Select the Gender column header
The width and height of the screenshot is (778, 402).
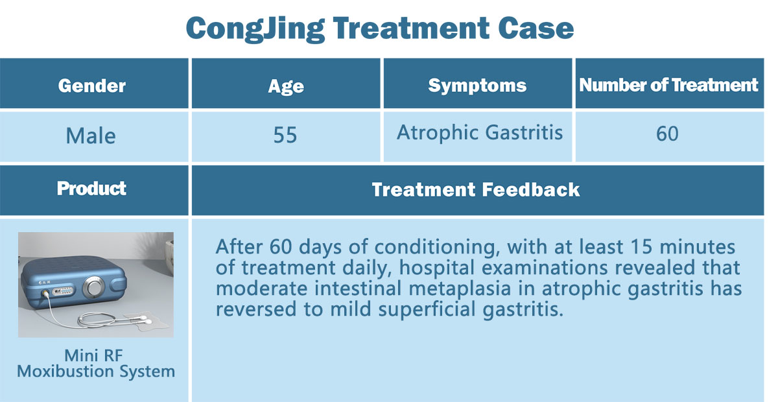pos(92,86)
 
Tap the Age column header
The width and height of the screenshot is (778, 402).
pos(286,86)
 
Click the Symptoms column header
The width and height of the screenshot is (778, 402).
pos(477,86)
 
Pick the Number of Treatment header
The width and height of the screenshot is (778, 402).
pos(668,85)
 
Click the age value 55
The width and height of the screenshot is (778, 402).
pos(285,135)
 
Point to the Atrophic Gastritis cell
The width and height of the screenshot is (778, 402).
pos(480,133)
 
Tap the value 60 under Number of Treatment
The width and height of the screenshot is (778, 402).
pos(667,134)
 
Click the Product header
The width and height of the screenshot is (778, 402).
pos(91,189)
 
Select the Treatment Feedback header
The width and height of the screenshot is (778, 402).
pos(476,190)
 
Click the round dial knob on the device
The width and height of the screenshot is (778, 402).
pos(93,287)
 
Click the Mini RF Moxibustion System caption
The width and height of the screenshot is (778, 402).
pos(96,364)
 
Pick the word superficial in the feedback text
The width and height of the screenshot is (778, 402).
pos(427,309)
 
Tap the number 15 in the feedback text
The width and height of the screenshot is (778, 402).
pos(641,247)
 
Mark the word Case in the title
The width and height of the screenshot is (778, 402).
pos(536,28)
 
